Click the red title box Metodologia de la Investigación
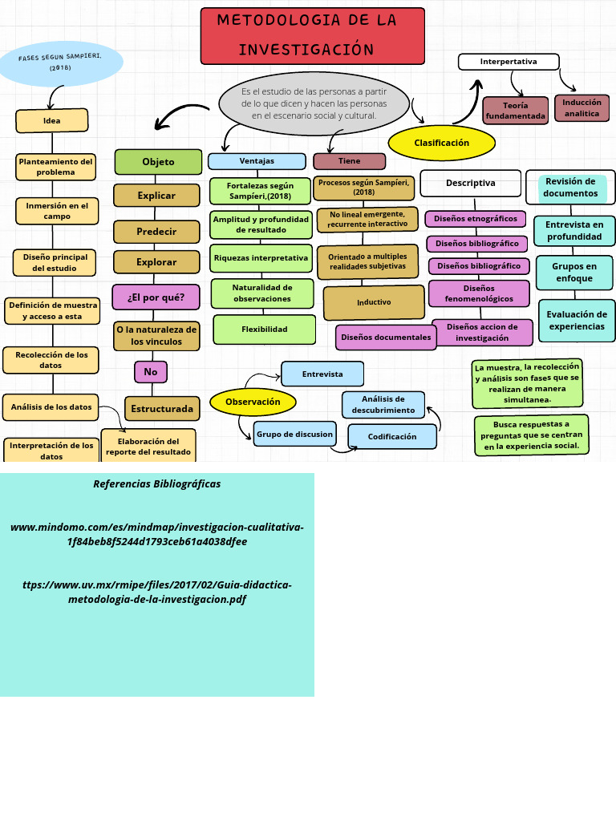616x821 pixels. [312, 36]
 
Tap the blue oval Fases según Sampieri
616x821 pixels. [61, 63]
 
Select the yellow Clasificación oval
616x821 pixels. [441, 143]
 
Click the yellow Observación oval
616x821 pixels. [253, 402]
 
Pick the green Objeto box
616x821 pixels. [158, 161]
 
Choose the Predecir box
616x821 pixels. [156, 232]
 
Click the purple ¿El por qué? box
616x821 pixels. [156, 297]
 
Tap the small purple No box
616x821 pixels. [150, 372]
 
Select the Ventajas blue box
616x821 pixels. [257, 161]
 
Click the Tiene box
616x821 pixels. [349, 161]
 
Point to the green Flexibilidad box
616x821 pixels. [265, 330]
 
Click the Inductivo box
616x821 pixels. [374, 302]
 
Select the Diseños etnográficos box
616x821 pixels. [476, 219]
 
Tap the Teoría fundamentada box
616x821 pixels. [515, 111]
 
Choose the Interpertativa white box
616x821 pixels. [509, 62]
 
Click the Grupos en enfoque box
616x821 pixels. [574, 273]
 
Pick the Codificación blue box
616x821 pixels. [392, 437]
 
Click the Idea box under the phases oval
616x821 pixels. [51, 121]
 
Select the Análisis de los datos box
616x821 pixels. [51, 407]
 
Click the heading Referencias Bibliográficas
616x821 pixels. [156, 484]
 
